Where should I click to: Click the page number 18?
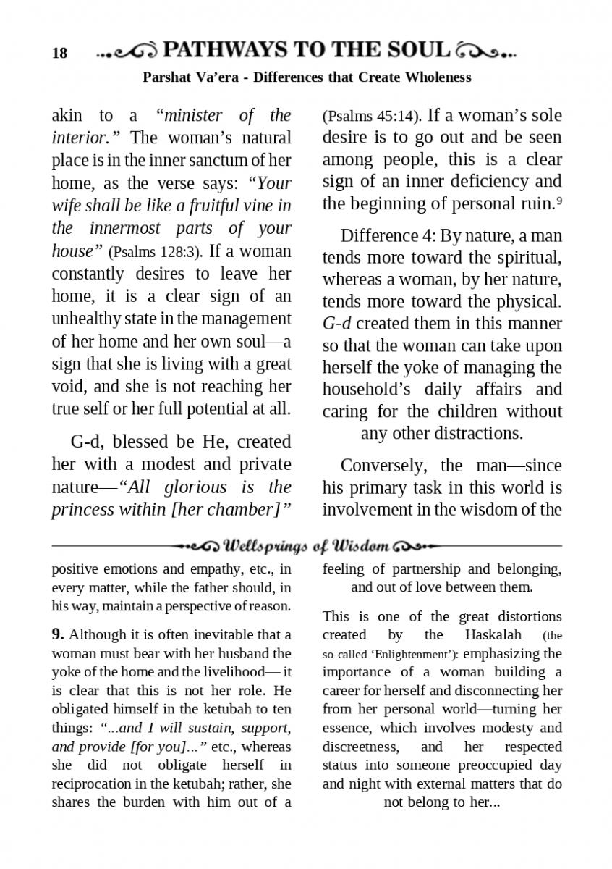click(x=59, y=53)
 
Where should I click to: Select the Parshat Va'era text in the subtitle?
click(x=190, y=77)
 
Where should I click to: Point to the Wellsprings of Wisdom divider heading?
click(x=307, y=545)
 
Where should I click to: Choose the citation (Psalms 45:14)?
click(x=369, y=116)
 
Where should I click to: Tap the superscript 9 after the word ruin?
click(x=559, y=201)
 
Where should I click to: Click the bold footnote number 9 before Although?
click(x=58, y=635)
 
